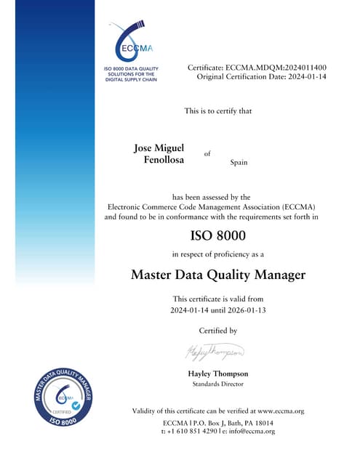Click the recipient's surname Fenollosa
164,158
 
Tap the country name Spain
239,162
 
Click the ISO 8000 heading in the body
218,235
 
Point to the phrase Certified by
218,331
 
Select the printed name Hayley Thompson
218,373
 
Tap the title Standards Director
218,384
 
